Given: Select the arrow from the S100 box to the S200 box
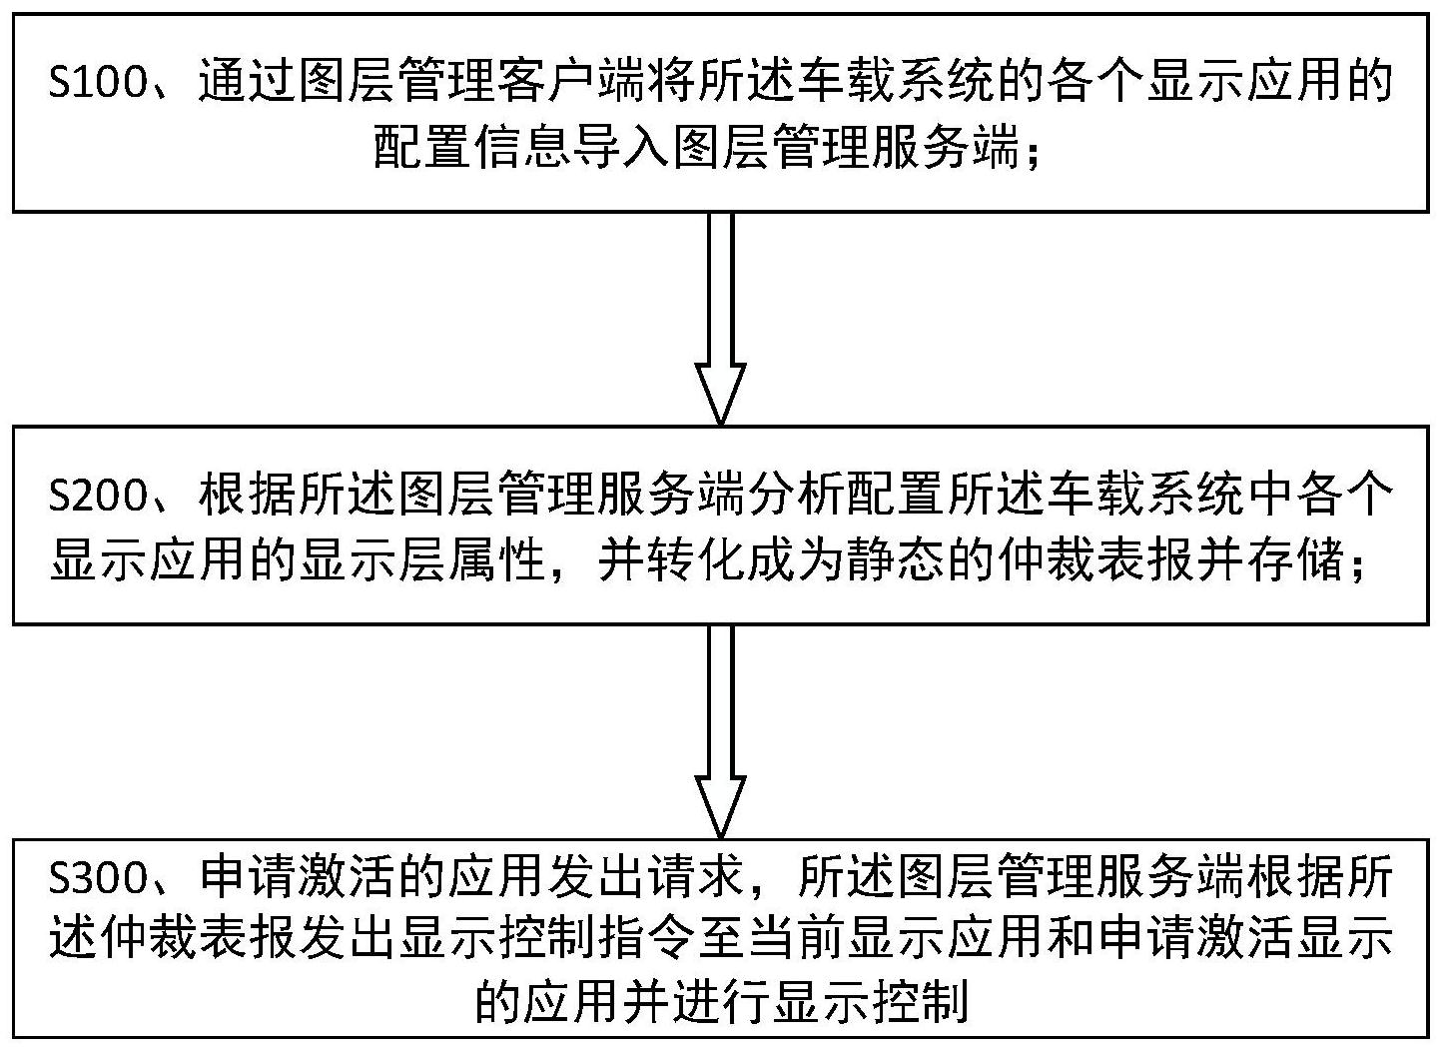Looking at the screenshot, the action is (x=721, y=319).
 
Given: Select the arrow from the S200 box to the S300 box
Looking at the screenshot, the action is (x=721, y=732).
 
